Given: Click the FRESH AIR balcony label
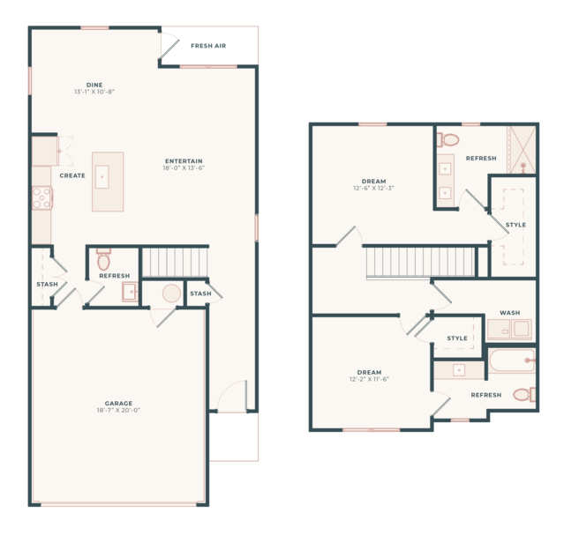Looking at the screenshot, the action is point(208,46).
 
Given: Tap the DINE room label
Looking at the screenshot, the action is point(94,85).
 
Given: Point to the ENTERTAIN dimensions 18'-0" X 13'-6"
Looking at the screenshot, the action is point(184,167).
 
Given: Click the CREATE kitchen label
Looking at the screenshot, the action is point(72,175).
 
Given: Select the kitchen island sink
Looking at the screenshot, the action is point(102,177).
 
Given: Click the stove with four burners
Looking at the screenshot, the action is point(42,197).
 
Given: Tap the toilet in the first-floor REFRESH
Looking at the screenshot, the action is point(103,259).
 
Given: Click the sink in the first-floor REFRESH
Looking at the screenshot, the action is point(130,292).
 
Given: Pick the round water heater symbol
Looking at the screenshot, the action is point(171,294).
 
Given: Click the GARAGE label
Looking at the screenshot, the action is point(118,403).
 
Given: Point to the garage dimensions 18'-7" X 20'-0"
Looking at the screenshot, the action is point(118,410).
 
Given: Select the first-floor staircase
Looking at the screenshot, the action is point(176,263).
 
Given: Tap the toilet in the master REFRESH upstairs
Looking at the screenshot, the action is point(448,140).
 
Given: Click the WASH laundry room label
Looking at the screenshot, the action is point(510,313).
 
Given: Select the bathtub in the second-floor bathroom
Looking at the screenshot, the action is point(512,360).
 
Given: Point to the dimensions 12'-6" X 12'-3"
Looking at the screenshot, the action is point(373,188).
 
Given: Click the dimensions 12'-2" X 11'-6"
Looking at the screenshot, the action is point(370,379).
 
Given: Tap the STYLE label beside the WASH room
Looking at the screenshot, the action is point(457,338).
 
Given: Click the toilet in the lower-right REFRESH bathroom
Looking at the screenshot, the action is point(524,395).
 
